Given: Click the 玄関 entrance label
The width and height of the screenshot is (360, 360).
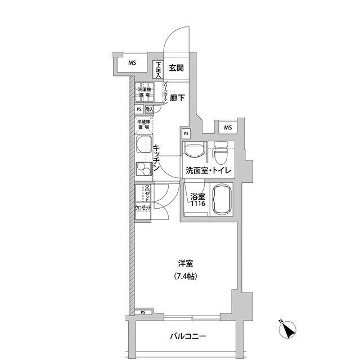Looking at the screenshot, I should click(x=175, y=69).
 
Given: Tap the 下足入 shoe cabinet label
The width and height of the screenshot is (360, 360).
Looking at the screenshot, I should click(x=159, y=69).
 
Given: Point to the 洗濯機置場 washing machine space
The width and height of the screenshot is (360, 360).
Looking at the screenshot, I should click(x=145, y=93).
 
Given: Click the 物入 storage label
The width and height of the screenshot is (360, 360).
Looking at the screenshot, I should click(x=150, y=110).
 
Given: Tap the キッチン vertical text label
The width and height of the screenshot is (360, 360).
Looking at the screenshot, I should click(x=157, y=158).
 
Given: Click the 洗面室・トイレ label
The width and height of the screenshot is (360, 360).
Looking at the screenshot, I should click(x=206, y=170).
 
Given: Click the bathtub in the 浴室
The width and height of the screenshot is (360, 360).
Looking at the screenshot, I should click(x=223, y=200).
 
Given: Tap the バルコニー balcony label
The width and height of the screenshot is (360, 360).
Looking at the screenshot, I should click(x=188, y=337).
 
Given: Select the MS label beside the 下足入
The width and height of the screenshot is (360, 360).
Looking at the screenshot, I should click(x=131, y=63).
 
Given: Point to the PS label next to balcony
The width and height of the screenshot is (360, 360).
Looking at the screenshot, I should click(x=143, y=312).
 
